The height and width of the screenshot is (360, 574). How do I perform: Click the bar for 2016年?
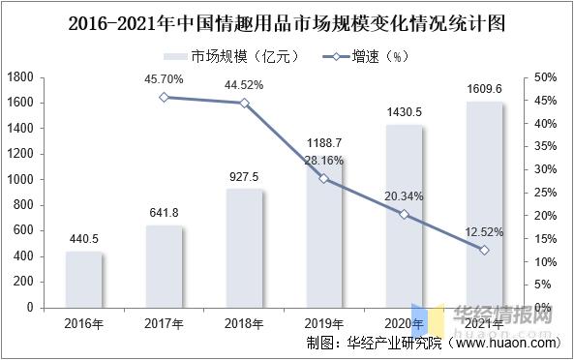click(83, 280)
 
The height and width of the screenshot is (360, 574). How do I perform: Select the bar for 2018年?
click(244, 248)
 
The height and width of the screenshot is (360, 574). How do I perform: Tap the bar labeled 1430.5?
click(405, 216)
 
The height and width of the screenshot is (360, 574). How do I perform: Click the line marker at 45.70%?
click(164, 97)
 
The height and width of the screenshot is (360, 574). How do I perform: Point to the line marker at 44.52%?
click(244, 103)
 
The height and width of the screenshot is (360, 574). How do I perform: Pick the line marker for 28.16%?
click(324, 178)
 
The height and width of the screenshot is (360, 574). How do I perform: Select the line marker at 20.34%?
click(405, 214)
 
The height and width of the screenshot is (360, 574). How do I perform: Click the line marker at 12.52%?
click(484, 250)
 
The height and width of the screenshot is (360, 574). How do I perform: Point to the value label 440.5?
click(83, 238)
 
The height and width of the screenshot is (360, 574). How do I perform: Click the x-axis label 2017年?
click(164, 323)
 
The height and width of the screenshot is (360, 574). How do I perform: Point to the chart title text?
click(287, 21)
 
